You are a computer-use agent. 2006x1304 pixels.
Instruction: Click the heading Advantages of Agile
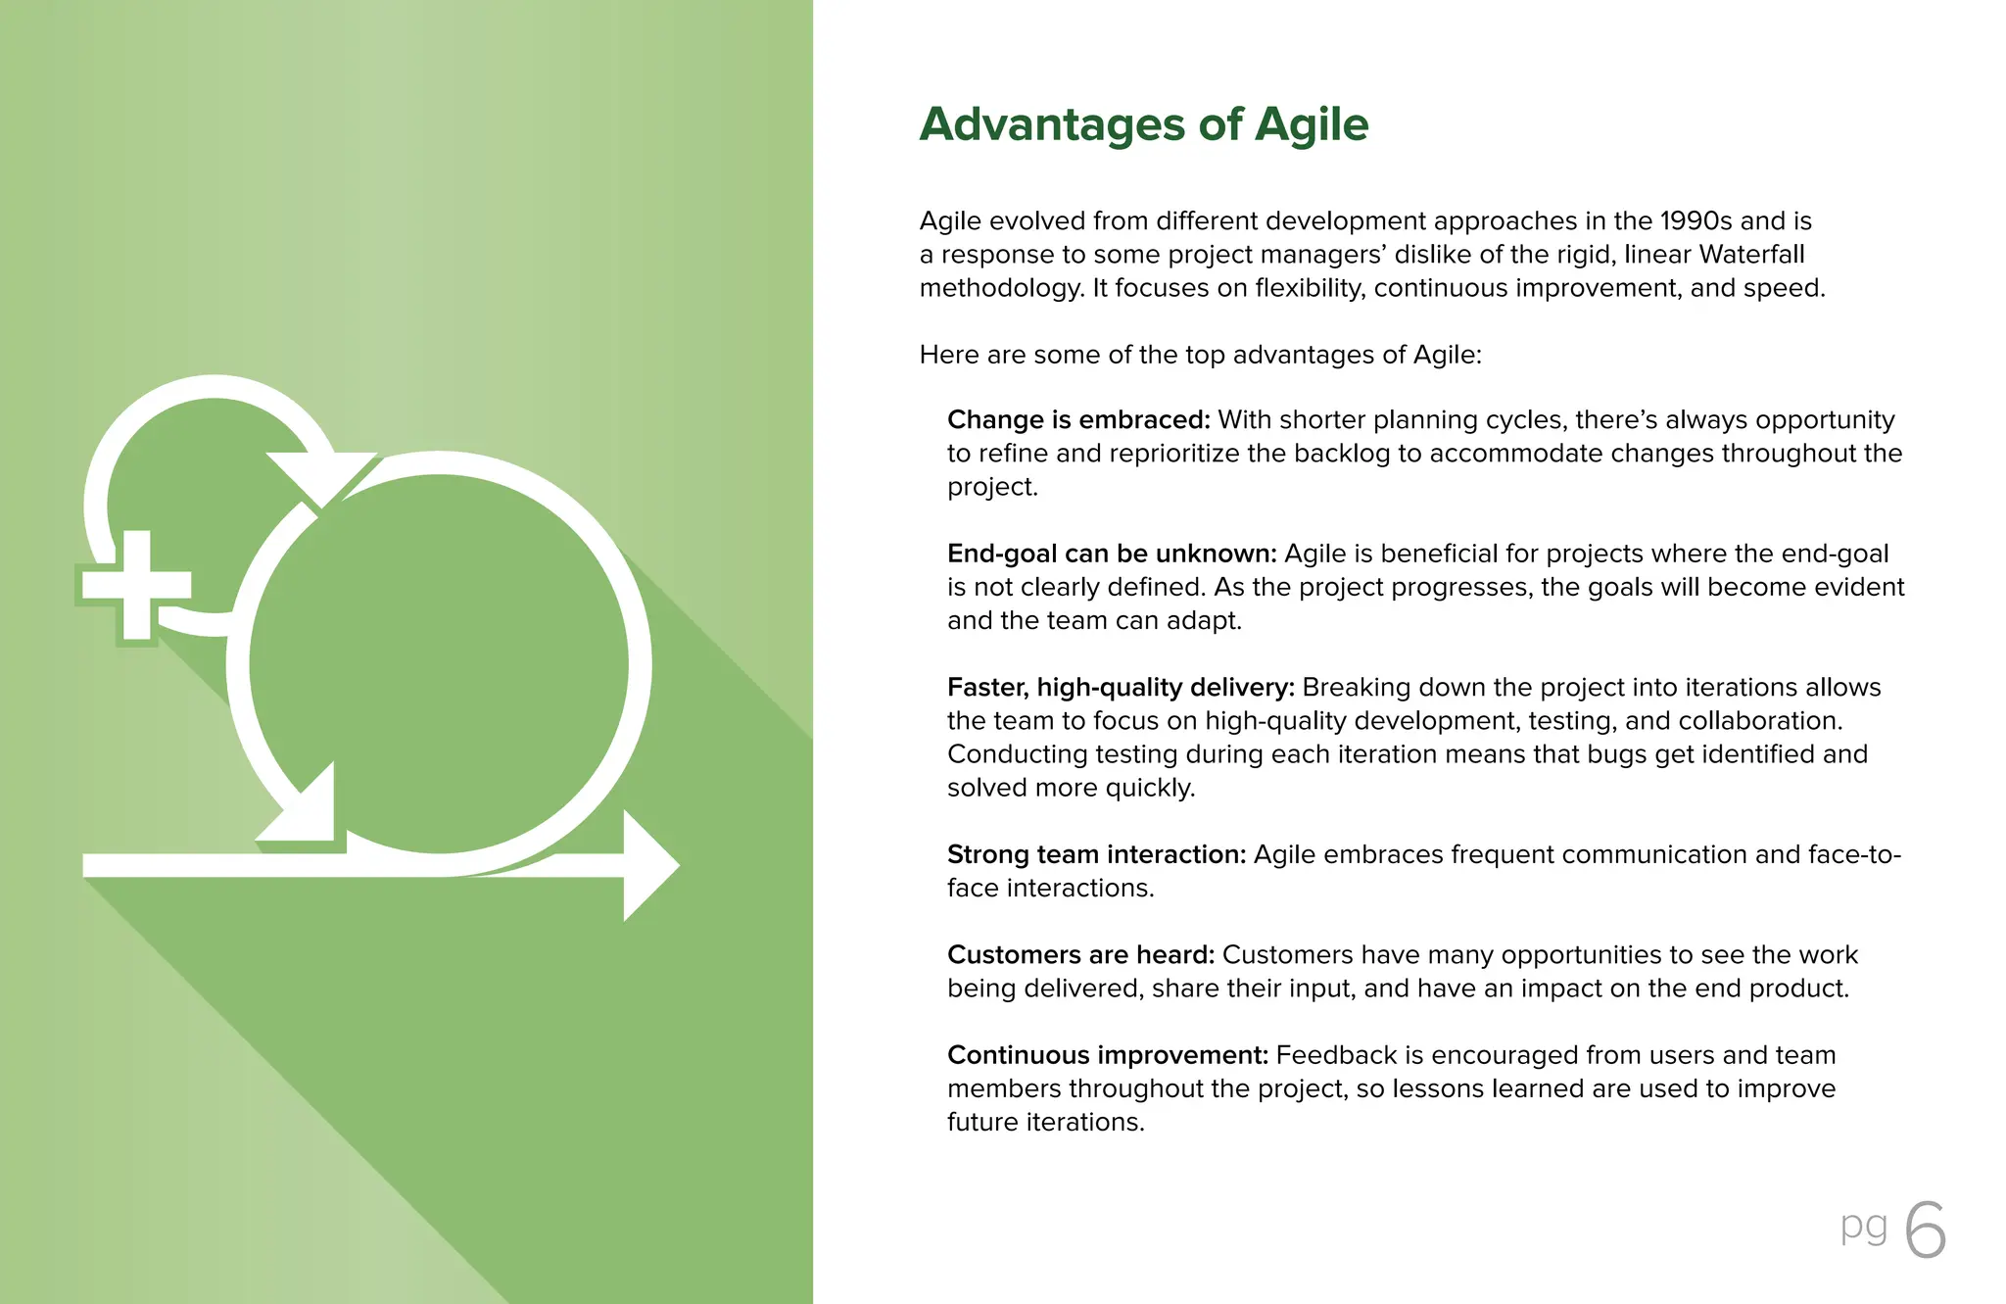coord(1143,125)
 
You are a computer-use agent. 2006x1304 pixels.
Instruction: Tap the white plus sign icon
coord(136,585)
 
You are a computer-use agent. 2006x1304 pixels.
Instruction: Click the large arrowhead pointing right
coord(648,865)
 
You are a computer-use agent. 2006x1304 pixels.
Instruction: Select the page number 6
coord(1926,1231)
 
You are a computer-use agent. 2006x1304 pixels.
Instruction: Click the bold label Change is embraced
coord(1078,420)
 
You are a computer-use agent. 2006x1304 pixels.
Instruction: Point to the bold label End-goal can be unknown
coord(1111,555)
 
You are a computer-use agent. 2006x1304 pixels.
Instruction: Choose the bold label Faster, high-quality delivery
coord(1121,688)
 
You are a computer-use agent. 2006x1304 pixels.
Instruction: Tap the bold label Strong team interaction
coord(1096,855)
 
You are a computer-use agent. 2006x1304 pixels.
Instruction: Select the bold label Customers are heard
coord(1080,955)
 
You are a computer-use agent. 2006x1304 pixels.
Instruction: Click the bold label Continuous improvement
coord(1107,1055)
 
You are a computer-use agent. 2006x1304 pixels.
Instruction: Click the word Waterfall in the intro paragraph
coord(1751,255)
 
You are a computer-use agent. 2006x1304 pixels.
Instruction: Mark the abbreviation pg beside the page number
coord(1863,1227)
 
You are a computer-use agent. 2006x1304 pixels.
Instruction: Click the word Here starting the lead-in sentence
coord(949,355)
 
